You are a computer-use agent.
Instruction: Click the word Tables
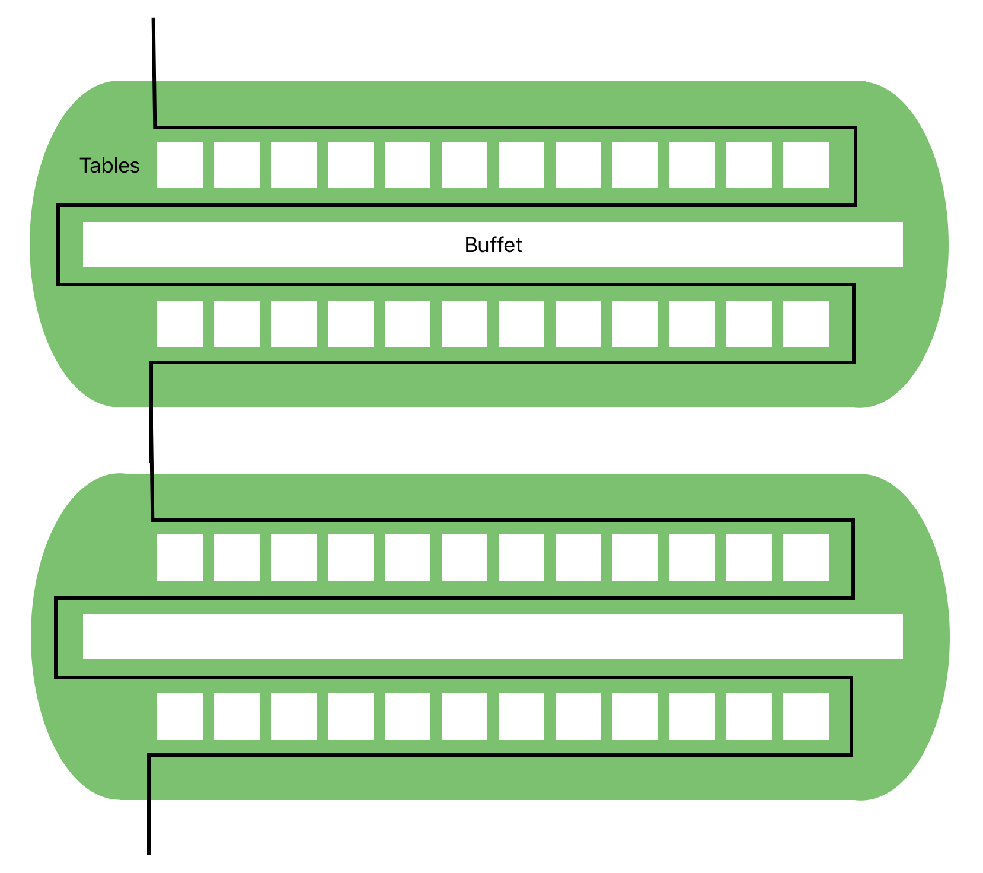(x=110, y=165)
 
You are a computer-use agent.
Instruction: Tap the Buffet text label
(x=493, y=245)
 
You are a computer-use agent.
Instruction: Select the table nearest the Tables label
(x=180, y=165)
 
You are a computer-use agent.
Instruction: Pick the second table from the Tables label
(x=237, y=165)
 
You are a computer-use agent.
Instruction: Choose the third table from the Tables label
(x=293, y=165)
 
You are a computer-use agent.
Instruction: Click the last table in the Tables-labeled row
(x=806, y=165)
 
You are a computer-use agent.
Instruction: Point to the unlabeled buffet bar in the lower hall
(x=493, y=637)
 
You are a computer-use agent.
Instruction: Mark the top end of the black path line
(x=154, y=20)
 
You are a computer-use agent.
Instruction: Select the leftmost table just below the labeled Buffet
(x=180, y=324)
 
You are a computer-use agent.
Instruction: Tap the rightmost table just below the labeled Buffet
(x=806, y=324)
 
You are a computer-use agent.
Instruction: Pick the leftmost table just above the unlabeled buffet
(x=180, y=557)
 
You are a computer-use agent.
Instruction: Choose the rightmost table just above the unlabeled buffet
(x=806, y=557)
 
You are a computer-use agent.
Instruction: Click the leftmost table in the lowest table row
(x=180, y=716)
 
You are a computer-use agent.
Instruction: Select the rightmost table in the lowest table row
(x=806, y=716)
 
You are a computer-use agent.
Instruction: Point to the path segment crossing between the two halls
(x=151, y=440)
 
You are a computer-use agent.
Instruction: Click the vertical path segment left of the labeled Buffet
(x=58, y=245)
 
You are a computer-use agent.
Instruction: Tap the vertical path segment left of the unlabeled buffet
(x=56, y=638)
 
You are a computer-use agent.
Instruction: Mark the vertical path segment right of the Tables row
(x=856, y=166)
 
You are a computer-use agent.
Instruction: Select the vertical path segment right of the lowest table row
(x=851, y=716)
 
